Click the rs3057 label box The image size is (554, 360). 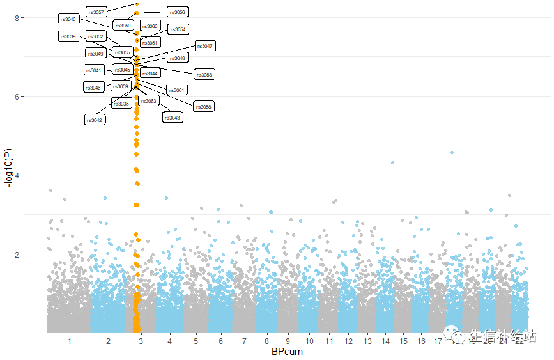(95, 12)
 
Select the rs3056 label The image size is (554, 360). (177, 12)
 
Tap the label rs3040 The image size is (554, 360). (68, 19)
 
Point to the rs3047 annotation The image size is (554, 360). (205, 46)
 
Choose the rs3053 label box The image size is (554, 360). (204, 75)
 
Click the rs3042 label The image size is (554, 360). (95, 120)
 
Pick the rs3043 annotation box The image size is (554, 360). (173, 118)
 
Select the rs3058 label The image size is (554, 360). (204, 106)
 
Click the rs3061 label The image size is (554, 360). (176, 90)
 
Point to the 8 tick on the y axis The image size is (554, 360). (19, 18)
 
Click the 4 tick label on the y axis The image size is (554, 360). (19, 175)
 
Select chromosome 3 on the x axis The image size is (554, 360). (140, 342)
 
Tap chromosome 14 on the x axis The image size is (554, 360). (385, 342)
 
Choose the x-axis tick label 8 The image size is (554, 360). (266, 342)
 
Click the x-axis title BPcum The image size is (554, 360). (287, 352)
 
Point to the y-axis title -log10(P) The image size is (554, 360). (8, 169)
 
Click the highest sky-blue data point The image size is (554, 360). (452, 152)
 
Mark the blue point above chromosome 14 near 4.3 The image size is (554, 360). (392, 162)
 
